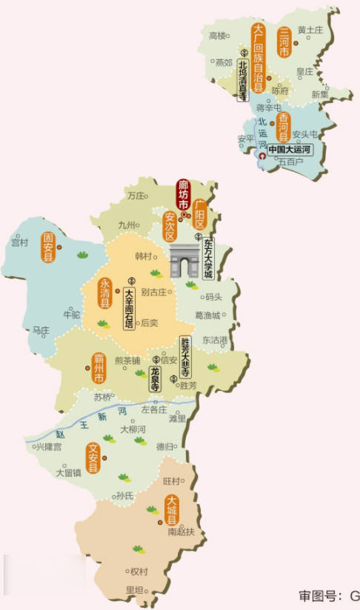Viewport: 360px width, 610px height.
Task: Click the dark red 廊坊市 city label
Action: coord(183,194)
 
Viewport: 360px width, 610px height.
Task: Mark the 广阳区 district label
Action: coord(199,215)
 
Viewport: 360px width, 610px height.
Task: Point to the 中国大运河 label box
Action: coord(286,150)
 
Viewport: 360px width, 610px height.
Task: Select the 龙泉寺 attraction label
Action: coord(155,378)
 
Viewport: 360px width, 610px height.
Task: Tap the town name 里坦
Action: coord(134,589)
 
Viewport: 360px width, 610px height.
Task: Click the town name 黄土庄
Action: coord(310,30)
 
